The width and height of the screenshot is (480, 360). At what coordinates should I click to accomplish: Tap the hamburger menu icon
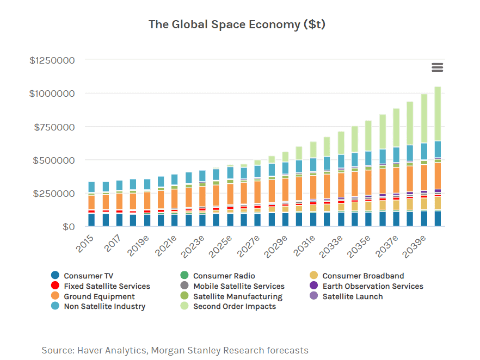click(437, 67)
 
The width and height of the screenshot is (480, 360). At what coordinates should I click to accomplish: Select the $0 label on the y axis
click(67, 226)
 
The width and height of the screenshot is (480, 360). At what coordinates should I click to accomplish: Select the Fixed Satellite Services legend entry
click(107, 286)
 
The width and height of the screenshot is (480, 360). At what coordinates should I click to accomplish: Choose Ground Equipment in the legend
click(99, 296)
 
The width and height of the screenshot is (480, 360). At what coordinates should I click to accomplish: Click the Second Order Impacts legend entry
click(234, 306)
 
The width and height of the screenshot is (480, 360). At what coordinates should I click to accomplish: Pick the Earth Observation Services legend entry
click(372, 286)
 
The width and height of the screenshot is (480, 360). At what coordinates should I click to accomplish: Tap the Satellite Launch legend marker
click(313, 296)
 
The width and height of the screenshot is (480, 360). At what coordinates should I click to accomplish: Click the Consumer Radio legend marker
click(184, 276)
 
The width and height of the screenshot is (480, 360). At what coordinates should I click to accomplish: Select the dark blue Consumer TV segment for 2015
click(91, 220)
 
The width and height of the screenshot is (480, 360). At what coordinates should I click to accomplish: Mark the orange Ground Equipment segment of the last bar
click(438, 175)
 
